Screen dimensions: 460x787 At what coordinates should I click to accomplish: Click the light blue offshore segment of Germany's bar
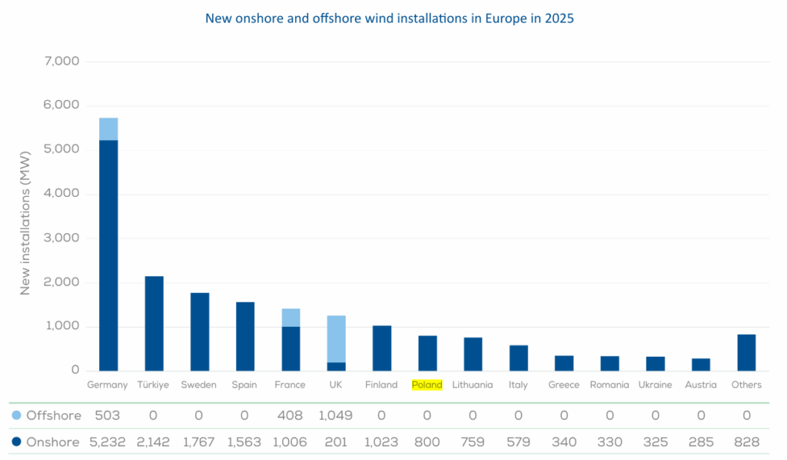[x=108, y=129]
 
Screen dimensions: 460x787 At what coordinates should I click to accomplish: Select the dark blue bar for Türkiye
[x=154, y=323]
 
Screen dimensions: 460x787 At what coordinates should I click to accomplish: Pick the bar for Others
[x=746, y=352]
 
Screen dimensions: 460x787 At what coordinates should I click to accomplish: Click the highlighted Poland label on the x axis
[x=427, y=385]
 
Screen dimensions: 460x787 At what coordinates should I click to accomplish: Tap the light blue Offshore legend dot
[x=16, y=415]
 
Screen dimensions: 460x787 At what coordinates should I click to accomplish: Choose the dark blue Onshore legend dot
[x=16, y=442]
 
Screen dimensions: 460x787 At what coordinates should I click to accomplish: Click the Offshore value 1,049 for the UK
[x=335, y=415]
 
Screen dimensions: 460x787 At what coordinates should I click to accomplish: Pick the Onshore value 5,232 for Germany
[x=108, y=442]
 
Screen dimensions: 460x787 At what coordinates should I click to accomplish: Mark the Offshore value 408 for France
[x=290, y=415]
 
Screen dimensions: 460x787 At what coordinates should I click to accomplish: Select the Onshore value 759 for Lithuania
[x=473, y=442]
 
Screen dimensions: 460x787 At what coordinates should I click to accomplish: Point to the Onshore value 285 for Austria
[x=701, y=442]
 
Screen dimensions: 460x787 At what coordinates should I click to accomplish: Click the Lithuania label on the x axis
[x=473, y=385]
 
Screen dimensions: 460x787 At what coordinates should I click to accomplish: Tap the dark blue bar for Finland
[x=382, y=348]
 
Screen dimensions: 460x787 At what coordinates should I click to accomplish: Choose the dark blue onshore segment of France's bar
[x=291, y=348]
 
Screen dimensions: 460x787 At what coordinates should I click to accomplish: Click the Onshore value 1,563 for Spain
[x=244, y=442]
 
